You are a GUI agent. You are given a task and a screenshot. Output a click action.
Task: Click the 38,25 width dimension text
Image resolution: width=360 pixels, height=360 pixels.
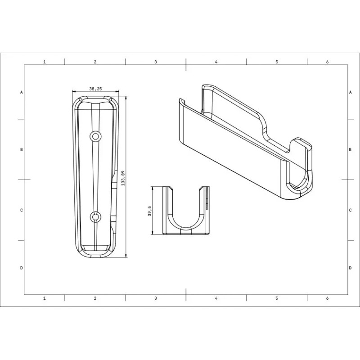tap(95, 89)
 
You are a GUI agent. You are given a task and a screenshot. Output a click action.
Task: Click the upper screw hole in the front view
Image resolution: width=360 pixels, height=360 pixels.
tap(95, 135)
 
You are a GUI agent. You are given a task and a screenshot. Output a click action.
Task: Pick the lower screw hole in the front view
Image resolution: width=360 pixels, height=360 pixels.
tap(95, 217)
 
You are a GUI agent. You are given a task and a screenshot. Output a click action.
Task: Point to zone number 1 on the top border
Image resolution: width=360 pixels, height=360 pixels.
tap(44, 62)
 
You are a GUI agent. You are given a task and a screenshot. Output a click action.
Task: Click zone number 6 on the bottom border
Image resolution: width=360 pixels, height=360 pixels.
tap(327, 298)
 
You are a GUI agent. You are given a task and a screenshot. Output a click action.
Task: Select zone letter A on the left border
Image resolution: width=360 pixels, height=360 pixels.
tap(22, 92)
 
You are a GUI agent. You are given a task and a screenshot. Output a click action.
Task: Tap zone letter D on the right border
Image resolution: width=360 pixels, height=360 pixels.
tap(350, 268)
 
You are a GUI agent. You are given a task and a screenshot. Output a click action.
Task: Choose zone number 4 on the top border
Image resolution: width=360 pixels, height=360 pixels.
tap(216, 62)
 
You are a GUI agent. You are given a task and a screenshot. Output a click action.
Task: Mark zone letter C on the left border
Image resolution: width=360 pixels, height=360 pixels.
tap(22, 210)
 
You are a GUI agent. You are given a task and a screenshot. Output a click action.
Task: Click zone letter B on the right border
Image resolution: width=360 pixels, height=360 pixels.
tap(350, 149)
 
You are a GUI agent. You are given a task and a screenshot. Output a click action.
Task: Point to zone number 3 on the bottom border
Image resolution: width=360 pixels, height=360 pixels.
tap(155, 298)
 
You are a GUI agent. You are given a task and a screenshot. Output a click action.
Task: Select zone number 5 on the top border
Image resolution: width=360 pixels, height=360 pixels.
tap(277, 62)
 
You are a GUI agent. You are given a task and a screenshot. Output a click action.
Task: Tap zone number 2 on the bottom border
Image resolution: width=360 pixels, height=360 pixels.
tap(95, 298)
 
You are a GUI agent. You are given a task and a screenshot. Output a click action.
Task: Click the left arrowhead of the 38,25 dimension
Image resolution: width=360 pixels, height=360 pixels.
tap(74, 92)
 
